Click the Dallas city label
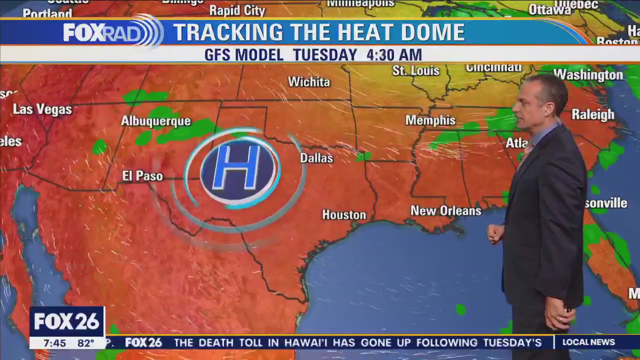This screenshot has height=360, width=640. click(316, 158)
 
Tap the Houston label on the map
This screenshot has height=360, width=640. click(344, 215)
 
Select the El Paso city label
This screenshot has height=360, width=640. click(142, 176)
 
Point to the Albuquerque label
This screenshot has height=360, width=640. click(156, 121)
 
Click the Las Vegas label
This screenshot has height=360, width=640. click(42, 109)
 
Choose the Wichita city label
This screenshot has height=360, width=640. click(309, 82)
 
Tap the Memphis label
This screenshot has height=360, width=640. click(430, 120)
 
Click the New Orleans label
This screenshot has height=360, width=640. click(446, 211)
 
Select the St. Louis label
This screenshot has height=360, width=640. click(416, 71)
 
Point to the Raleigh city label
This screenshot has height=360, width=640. click(593, 114)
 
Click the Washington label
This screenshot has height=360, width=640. click(588, 75)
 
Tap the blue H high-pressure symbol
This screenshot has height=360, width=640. click(238, 171)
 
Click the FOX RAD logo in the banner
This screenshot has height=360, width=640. click(112, 32)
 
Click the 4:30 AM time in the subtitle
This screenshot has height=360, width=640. click(394, 55)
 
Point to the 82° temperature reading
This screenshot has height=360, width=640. click(86, 343)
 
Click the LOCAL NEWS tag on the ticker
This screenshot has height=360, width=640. click(588, 342)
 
